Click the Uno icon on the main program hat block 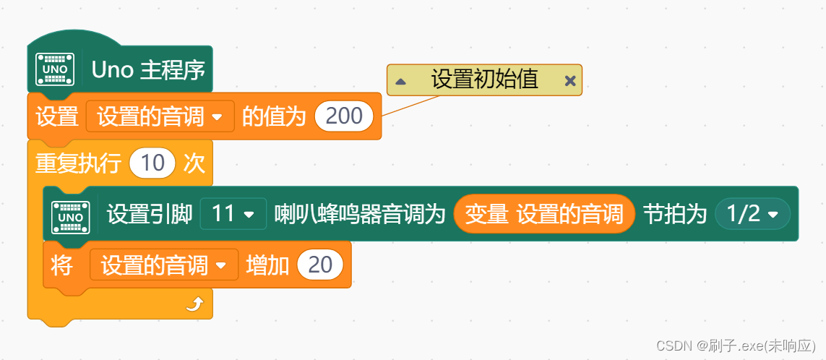click(x=56, y=69)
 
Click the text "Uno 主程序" click(x=148, y=69)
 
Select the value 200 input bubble click(x=344, y=116)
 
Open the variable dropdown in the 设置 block click(x=160, y=116)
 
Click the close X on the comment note click(x=570, y=81)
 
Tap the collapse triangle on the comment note click(x=400, y=81)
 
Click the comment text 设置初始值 click(x=484, y=80)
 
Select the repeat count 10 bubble click(x=152, y=163)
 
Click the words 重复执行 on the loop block click(x=78, y=163)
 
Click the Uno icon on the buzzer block click(x=71, y=216)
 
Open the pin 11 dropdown click(x=233, y=214)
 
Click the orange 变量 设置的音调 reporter click(x=543, y=214)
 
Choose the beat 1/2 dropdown click(x=752, y=214)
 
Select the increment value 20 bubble click(x=320, y=265)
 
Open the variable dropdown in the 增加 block click(x=164, y=265)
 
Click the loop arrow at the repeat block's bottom click(x=194, y=305)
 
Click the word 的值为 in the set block click(x=274, y=116)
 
